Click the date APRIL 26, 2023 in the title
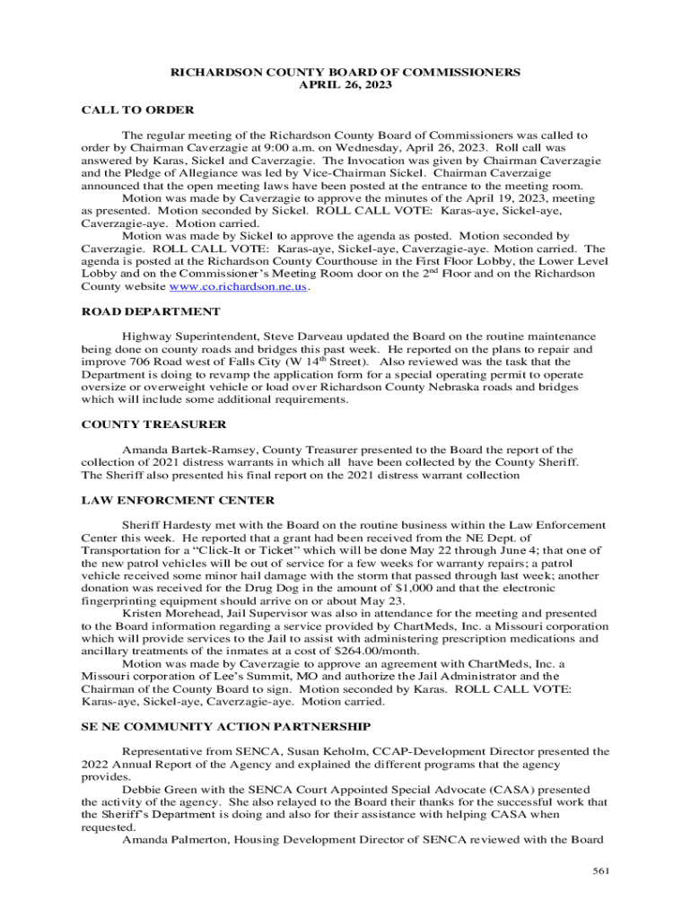tap(345, 84)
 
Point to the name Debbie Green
tap(160, 789)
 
